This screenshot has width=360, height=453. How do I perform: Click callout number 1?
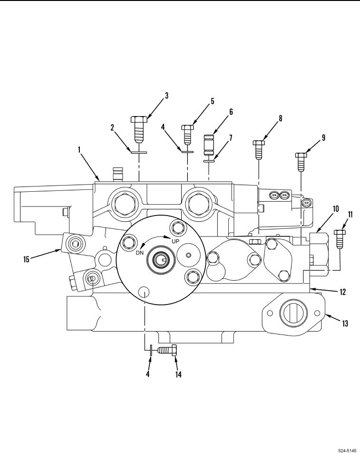pyautogui.click(x=79, y=149)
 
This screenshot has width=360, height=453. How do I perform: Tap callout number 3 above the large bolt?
pyautogui.click(x=166, y=96)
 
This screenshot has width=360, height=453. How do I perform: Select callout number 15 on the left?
pyautogui.click(x=26, y=259)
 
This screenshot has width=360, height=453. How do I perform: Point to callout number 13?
pyautogui.click(x=345, y=323)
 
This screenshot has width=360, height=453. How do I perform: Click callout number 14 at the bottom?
pyautogui.click(x=178, y=374)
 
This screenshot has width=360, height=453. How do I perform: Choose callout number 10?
pyautogui.click(x=335, y=208)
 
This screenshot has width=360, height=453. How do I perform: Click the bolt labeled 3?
pyautogui.click(x=139, y=130)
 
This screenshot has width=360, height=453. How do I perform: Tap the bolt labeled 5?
pyautogui.click(x=187, y=135)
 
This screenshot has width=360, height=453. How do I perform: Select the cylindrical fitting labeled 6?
pyautogui.click(x=209, y=145)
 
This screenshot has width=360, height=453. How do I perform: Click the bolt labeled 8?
pyautogui.click(x=259, y=149)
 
